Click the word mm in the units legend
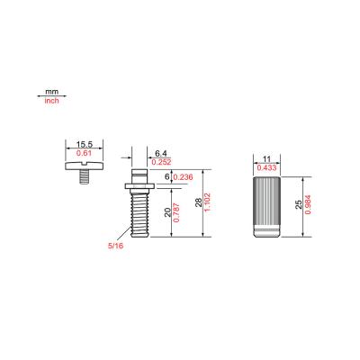point(51,92)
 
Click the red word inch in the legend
point(51,101)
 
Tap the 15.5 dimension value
point(85,144)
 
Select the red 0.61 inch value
point(85,154)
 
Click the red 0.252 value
point(161,163)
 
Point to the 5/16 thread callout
point(114,245)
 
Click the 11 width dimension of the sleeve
point(265,158)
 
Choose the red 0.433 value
point(265,167)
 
